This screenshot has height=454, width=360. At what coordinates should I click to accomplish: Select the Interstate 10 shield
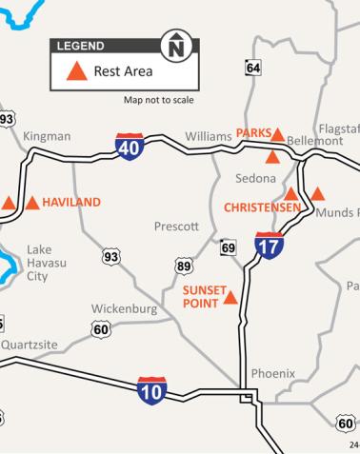pos(152,390)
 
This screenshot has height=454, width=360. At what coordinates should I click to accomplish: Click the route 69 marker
pos(229,247)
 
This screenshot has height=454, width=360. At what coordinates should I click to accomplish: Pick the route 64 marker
pos(252,68)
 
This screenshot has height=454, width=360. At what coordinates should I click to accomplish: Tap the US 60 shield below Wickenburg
pos(101,329)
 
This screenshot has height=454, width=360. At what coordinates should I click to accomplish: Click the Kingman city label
pos(47,136)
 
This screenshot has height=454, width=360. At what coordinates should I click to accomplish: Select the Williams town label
pos(209,136)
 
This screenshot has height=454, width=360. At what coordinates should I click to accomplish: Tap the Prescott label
pos(176,227)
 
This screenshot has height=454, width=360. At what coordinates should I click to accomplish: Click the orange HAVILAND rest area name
pos(71,203)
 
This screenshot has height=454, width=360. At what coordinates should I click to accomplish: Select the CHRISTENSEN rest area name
pos(262,207)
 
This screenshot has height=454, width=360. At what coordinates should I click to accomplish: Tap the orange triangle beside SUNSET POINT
pos(230,298)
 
